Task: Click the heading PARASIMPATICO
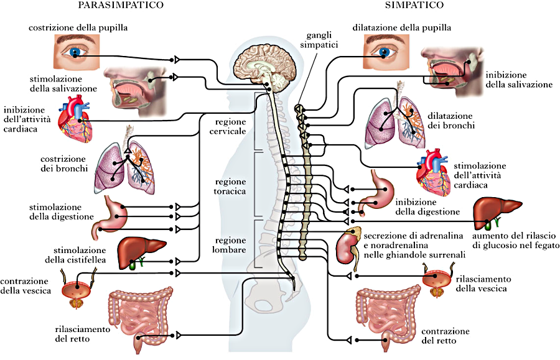[x=122, y=5]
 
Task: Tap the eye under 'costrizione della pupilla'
[x=76, y=52]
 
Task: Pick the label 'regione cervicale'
[x=230, y=127]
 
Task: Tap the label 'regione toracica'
[x=230, y=187]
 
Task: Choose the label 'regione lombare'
[x=230, y=244]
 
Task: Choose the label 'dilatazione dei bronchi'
[x=451, y=121]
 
